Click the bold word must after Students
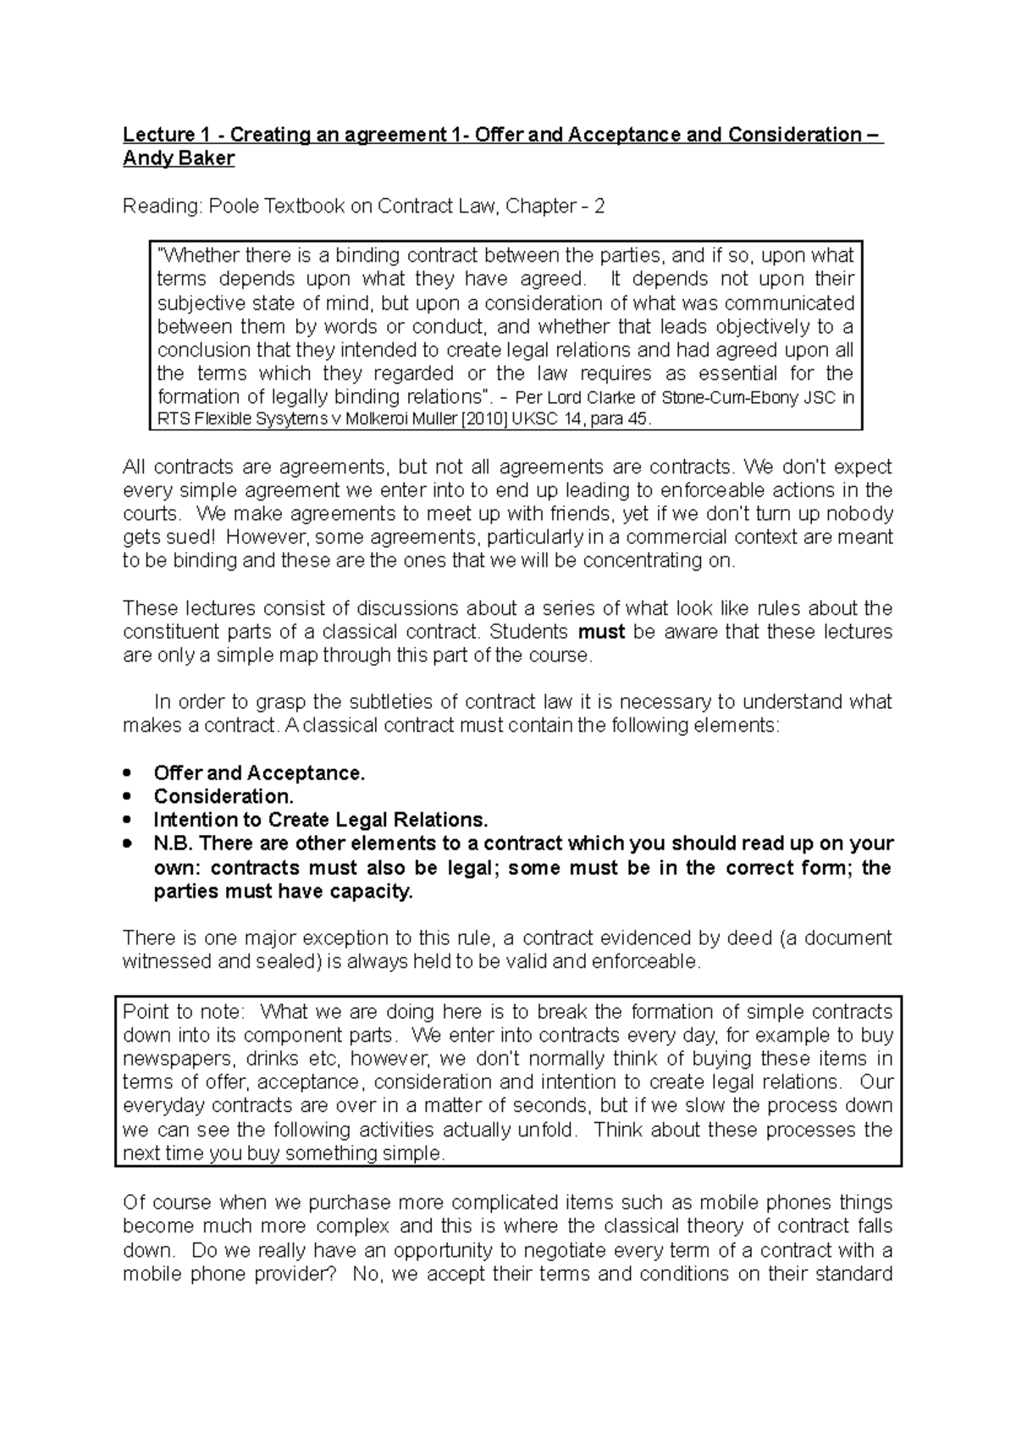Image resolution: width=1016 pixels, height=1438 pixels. tap(600, 632)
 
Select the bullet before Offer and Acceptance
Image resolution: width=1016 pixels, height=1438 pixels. tap(128, 773)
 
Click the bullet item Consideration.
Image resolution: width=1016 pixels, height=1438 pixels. tap(224, 797)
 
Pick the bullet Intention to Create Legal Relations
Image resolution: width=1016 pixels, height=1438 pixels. tap(321, 821)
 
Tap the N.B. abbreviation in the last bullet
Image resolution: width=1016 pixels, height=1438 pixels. tap(173, 844)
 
